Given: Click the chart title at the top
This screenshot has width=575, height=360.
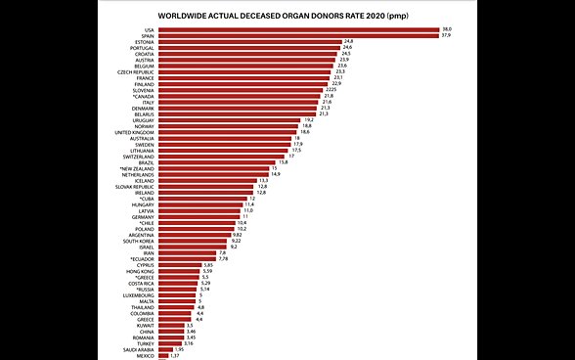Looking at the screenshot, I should pyautogui.click(x=287, y=16).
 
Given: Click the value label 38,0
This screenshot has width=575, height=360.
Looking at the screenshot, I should pyautogui.click(x=447, y=30).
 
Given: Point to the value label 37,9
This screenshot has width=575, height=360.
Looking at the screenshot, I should pyautogui.click(x=446, y=36).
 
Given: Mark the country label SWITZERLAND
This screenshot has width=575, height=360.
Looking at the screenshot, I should pyautogui.click(x=137, y=156).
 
